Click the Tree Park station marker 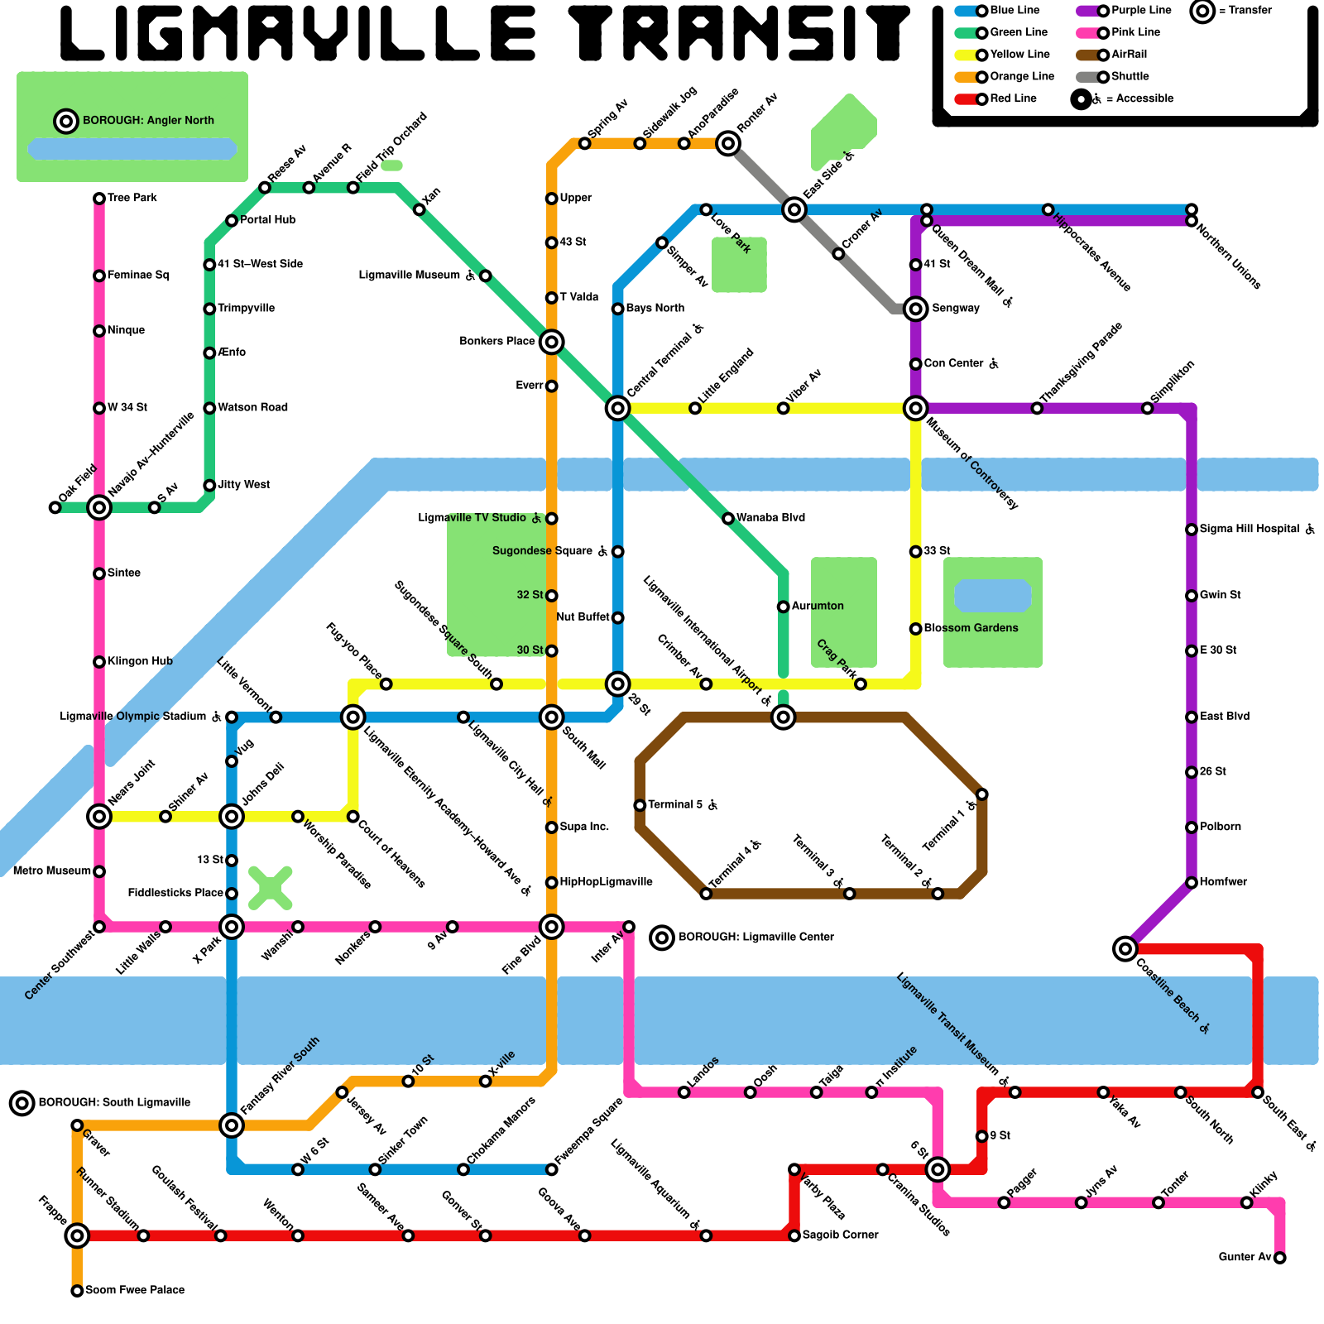pyautogui.click(x=99, y=199)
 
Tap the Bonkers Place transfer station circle pyautogui.click(x=552, y=342)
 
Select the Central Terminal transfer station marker pyautogui.click(x=617, y=408)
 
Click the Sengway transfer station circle pyautogui.click(x=915, y=309)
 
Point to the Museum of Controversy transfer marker pyautogui.click(x=915, y=408)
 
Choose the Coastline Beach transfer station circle pyautogui.click(x=1125, y=948)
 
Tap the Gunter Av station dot pyautogui.click(x=1279, y=1258)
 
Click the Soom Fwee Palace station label pyautogui.click(x=135, y=1290)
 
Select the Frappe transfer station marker pyautogui.click(x=77, y=1235)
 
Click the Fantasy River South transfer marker pyautogui.click(x=232, y=1125)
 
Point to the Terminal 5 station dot pyautogui.click(x=640, y=805)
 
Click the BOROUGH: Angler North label pyautogui.click(x=148, y=121)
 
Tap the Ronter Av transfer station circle pyautogui.click(x=728, y=143)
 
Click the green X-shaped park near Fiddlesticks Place pyautogui.click(x=270, y=888)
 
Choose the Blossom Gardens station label pyautogui.click(x=971, y=628)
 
